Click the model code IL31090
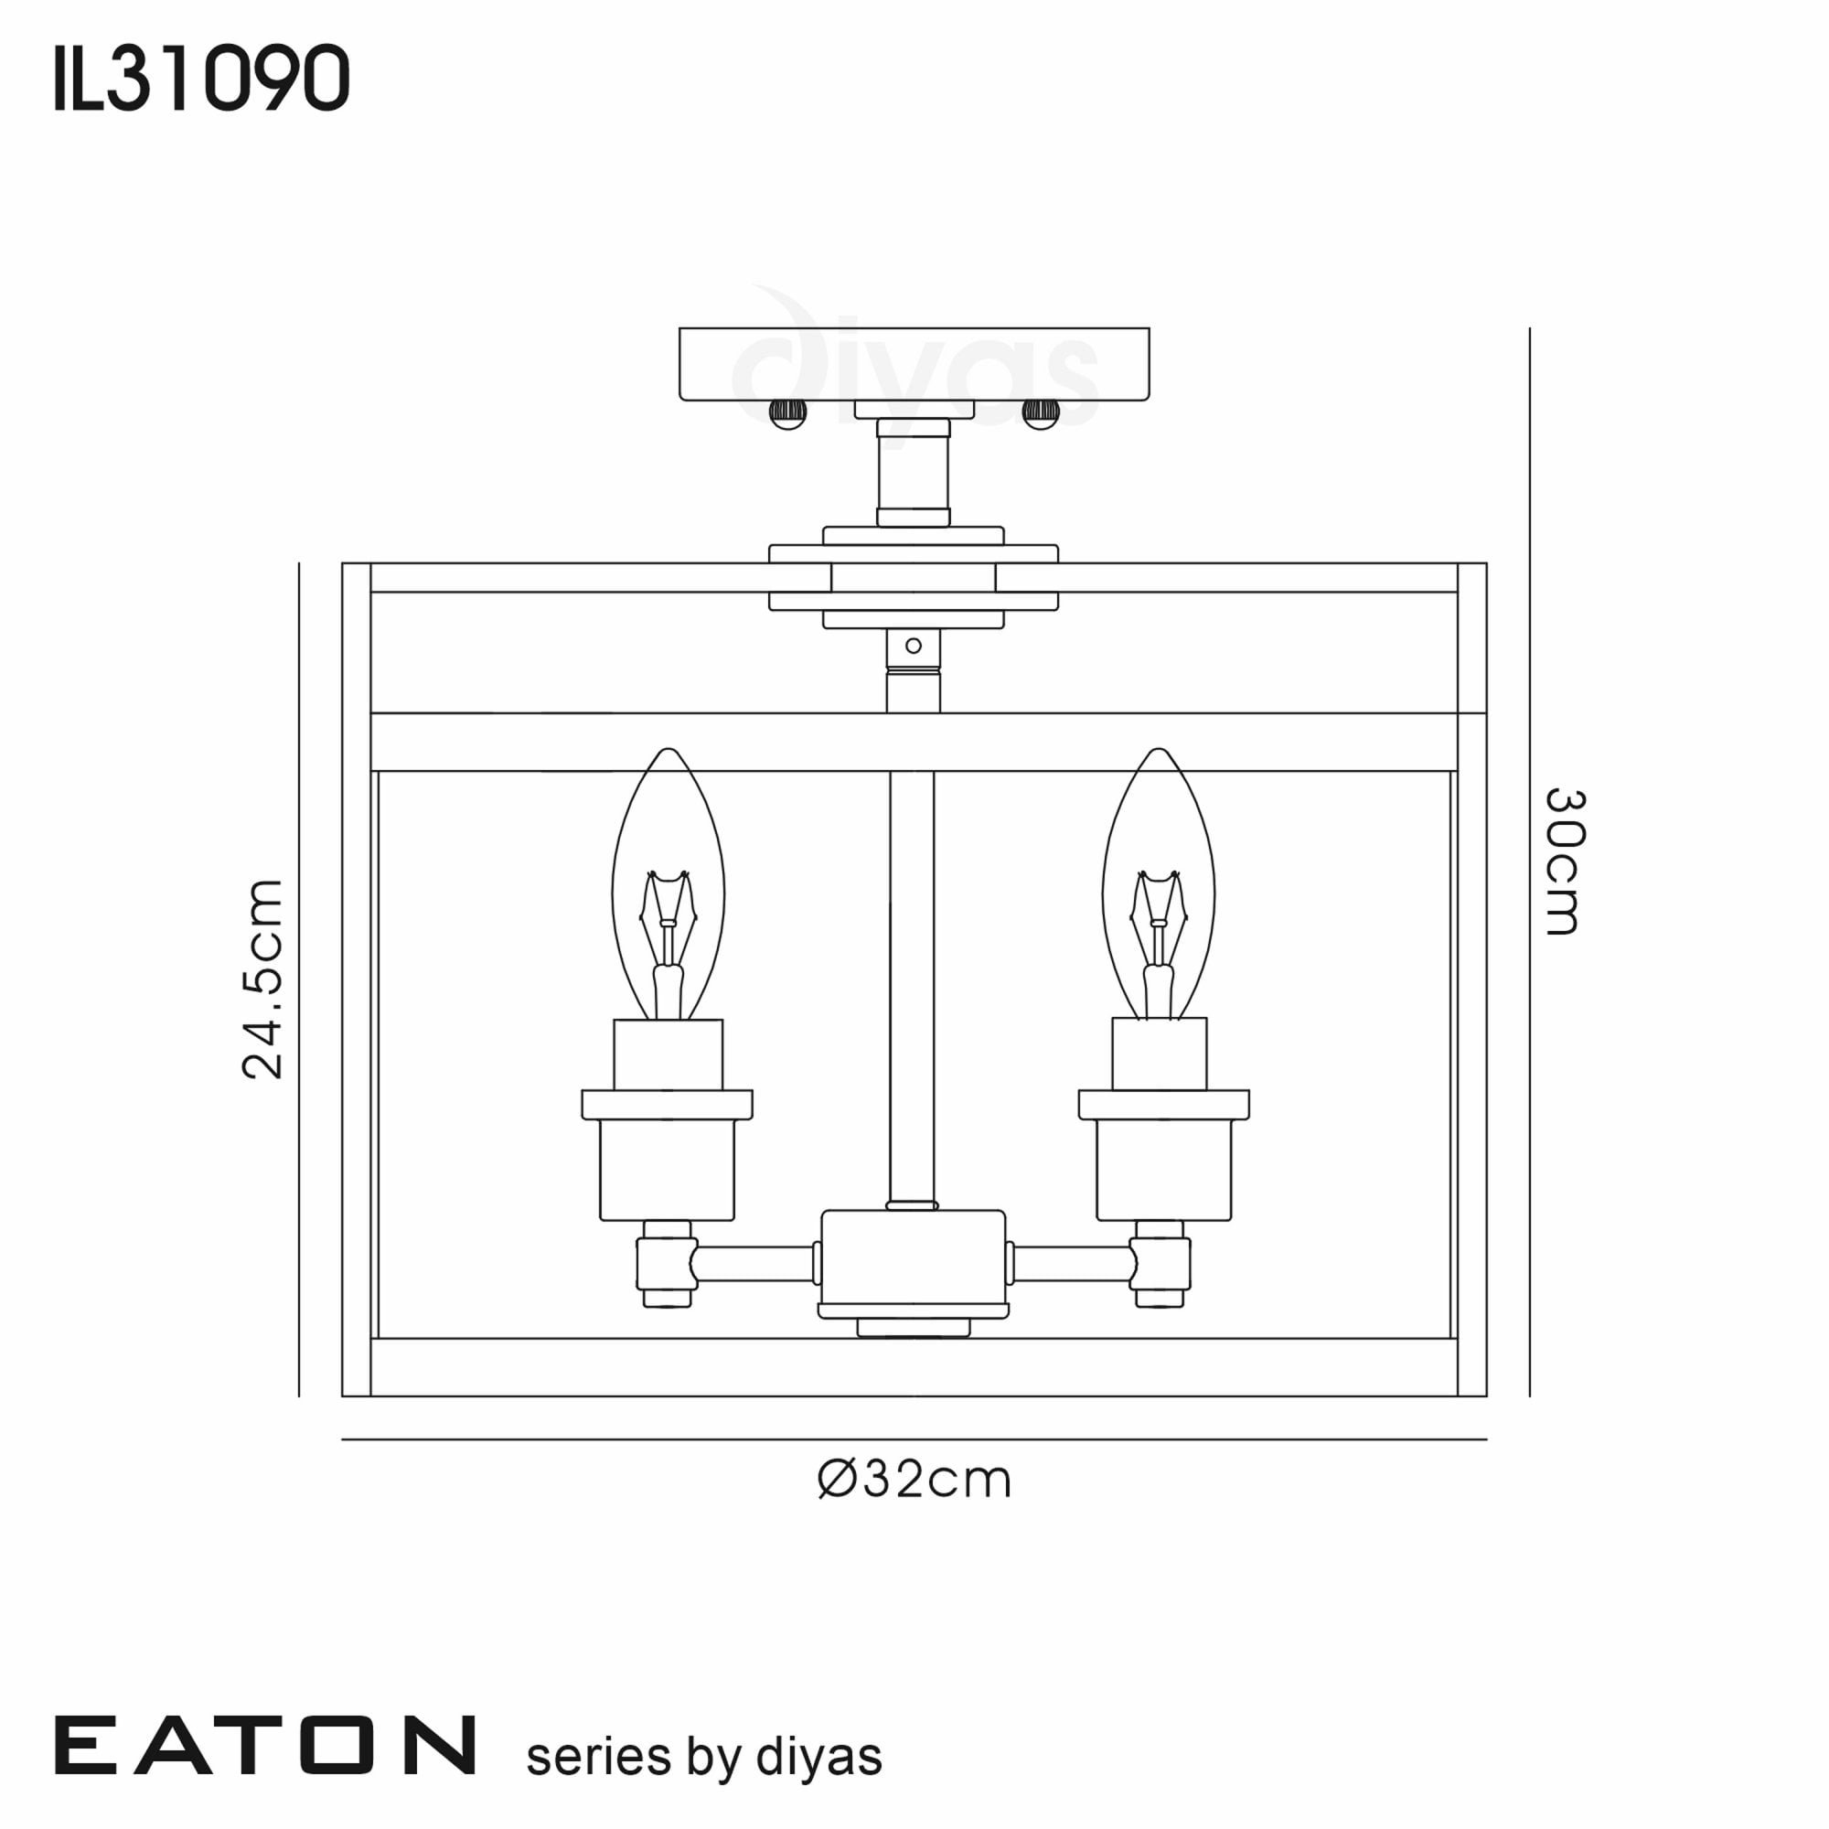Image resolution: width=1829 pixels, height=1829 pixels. pos(201,79)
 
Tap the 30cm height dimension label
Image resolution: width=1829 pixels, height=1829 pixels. pos(1564,861)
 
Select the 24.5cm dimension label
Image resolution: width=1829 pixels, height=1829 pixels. pos(262,979)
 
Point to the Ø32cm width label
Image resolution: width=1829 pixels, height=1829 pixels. pos(914,1479)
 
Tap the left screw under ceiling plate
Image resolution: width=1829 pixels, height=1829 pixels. pos(786,413)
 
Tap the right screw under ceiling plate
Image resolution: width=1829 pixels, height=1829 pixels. pos(1041,413)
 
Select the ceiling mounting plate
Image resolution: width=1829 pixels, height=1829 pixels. pos(914,364)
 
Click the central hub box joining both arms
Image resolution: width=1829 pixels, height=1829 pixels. pos(913,1257)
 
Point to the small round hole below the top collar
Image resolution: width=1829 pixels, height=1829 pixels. pos(914,646)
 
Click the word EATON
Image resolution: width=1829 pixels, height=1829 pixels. pos(265,1746)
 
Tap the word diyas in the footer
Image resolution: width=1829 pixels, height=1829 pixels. pos(818,1757)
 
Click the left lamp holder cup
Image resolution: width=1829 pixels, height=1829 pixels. pos(668,1171)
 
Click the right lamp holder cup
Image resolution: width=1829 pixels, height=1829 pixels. pos(1163,1171)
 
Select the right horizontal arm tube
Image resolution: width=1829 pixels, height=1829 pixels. pos(1073,1264)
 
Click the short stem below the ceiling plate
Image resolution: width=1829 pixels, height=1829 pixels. pos(914,473)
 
